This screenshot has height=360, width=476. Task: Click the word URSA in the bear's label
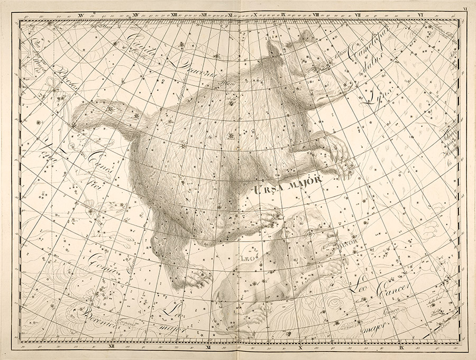pos(267,185)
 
